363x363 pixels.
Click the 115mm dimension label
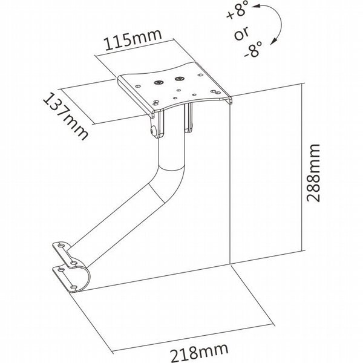132,39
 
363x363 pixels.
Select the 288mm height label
313,173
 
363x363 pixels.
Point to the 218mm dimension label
200,352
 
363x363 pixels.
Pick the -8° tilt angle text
253,49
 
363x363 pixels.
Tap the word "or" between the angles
241,33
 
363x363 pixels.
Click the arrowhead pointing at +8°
255,7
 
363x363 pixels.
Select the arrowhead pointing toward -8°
273,41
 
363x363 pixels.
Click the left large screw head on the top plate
158,82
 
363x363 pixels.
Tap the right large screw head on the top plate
178,79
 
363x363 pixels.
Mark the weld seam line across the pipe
157,194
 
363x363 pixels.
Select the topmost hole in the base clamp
61,245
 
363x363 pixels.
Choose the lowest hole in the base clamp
74,287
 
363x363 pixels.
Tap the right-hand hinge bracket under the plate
188,117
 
